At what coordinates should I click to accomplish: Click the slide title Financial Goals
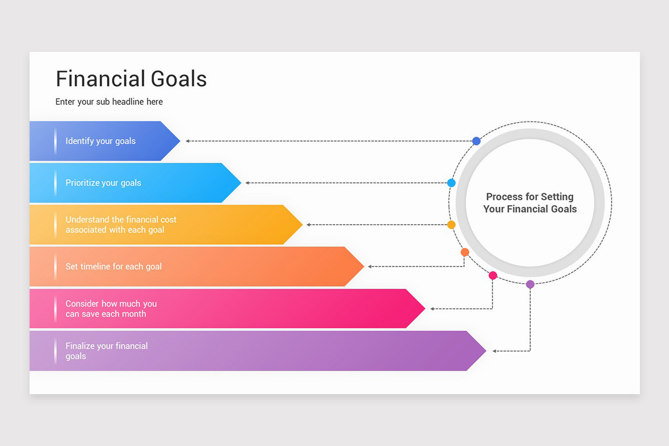131,79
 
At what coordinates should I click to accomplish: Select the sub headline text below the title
109,102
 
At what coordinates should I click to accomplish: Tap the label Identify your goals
100,141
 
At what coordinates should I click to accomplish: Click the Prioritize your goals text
103,183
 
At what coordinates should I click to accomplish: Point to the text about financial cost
120,225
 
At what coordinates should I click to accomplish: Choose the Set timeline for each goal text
114,266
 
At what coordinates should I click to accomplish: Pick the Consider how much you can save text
111,309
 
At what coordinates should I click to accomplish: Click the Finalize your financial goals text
106,351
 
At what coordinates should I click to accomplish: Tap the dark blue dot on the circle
476,141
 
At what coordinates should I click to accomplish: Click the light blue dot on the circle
452,183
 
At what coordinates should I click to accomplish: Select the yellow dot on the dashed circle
452,225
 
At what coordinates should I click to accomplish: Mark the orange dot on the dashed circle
465,252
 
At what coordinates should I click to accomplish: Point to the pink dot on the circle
493,275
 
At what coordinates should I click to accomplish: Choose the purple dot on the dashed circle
530,284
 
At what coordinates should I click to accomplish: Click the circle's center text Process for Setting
530,197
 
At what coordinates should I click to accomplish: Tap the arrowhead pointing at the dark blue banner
188,141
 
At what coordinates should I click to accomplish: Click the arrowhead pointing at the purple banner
495,351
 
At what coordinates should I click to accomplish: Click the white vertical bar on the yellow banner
55,225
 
